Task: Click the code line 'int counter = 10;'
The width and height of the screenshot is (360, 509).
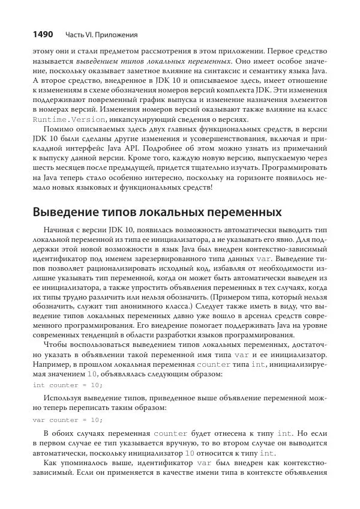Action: click(x=67, y=385)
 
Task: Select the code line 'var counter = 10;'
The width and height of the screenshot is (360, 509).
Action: click(x=67, y=420)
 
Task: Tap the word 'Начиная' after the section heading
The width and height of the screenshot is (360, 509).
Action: click(x=60, y=230)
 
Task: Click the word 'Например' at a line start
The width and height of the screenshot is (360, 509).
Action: click(x=53, y=364)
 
